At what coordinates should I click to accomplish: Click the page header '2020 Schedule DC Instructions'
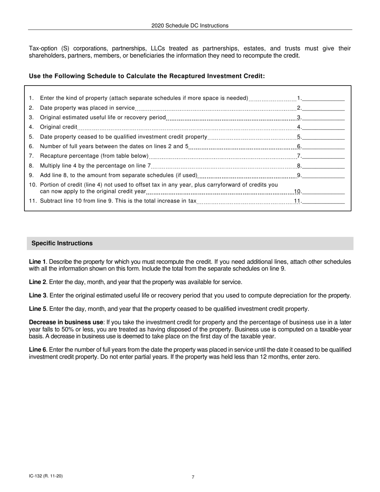(x=190, y=26)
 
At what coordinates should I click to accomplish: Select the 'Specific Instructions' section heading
(x=62, y=243)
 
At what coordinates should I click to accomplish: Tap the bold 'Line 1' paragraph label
(x=37, y=262)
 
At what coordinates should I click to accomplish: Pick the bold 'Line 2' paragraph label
(x=37, y=282)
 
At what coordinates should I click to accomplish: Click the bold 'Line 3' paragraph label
(x=37, y=296)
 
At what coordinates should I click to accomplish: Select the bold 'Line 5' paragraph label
(x=37, y=309)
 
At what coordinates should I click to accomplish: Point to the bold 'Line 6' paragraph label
(x=37, y=350)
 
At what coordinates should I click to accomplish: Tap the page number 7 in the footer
(x=193, y=477)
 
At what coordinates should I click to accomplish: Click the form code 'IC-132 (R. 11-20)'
(x=46, y=476)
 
